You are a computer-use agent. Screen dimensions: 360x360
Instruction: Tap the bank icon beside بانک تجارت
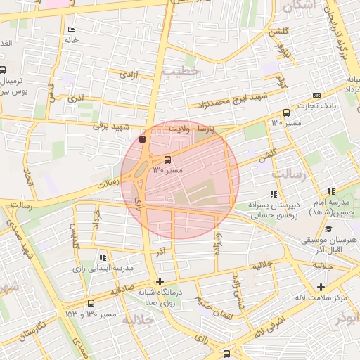tap(317, 95)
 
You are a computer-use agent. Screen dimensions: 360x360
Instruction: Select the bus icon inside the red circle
tap(167, 160)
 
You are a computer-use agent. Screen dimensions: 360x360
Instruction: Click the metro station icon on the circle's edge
tap(143, 139)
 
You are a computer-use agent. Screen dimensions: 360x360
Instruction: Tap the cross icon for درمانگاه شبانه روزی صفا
tap(160, 281)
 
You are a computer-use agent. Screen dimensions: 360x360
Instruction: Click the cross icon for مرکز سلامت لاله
tap(321, 287)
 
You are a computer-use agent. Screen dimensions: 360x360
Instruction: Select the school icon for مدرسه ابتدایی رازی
tap(103, 257)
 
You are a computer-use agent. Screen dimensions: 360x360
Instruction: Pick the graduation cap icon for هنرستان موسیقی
tap(328, 229)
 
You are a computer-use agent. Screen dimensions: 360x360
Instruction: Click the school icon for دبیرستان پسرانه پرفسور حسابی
tap(273, 194)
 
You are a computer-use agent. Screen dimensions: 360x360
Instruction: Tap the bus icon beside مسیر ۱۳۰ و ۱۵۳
tap(91, 303)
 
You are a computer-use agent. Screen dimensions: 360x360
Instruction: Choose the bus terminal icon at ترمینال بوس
tap(3, 70)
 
